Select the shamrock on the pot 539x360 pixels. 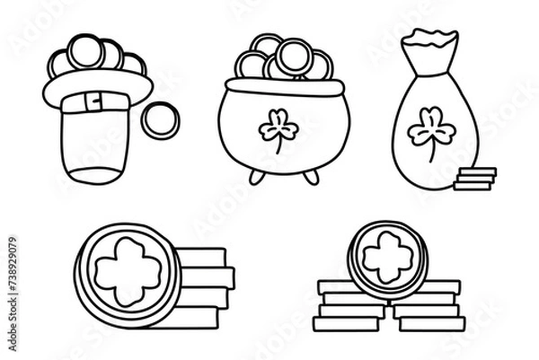(x=278, y=131)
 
